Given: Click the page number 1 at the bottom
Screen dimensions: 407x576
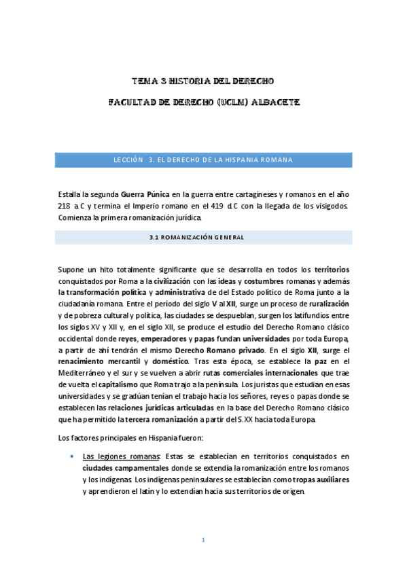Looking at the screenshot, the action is point(202,541).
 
